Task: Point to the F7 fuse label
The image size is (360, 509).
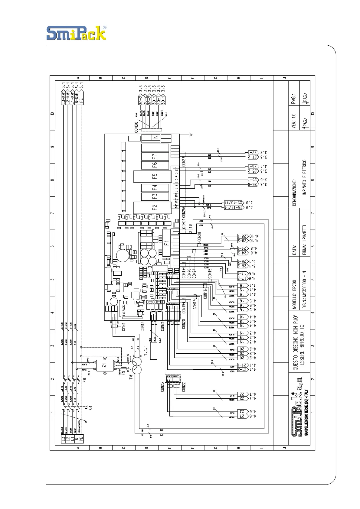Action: pyautogui.click(x=155, y=157)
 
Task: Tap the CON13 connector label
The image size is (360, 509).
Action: pyautogui.click(x=142, y=327)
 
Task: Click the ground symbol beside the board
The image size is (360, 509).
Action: pyautogui.click(x=191, y=134)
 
